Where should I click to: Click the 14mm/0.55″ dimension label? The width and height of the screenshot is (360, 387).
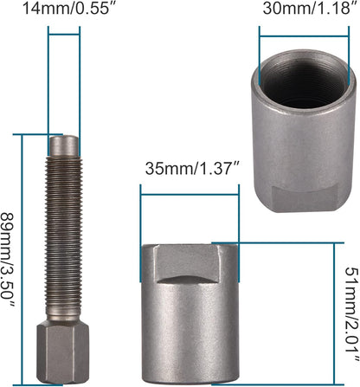67,9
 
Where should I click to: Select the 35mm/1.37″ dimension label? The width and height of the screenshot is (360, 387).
192,168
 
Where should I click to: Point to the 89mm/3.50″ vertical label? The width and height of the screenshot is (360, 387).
7,260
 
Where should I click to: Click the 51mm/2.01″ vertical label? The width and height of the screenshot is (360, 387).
352,314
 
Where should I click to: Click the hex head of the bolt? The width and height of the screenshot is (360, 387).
62,352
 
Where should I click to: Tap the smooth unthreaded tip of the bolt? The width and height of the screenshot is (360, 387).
64,145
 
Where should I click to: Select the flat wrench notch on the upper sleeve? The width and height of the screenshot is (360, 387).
305,197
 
